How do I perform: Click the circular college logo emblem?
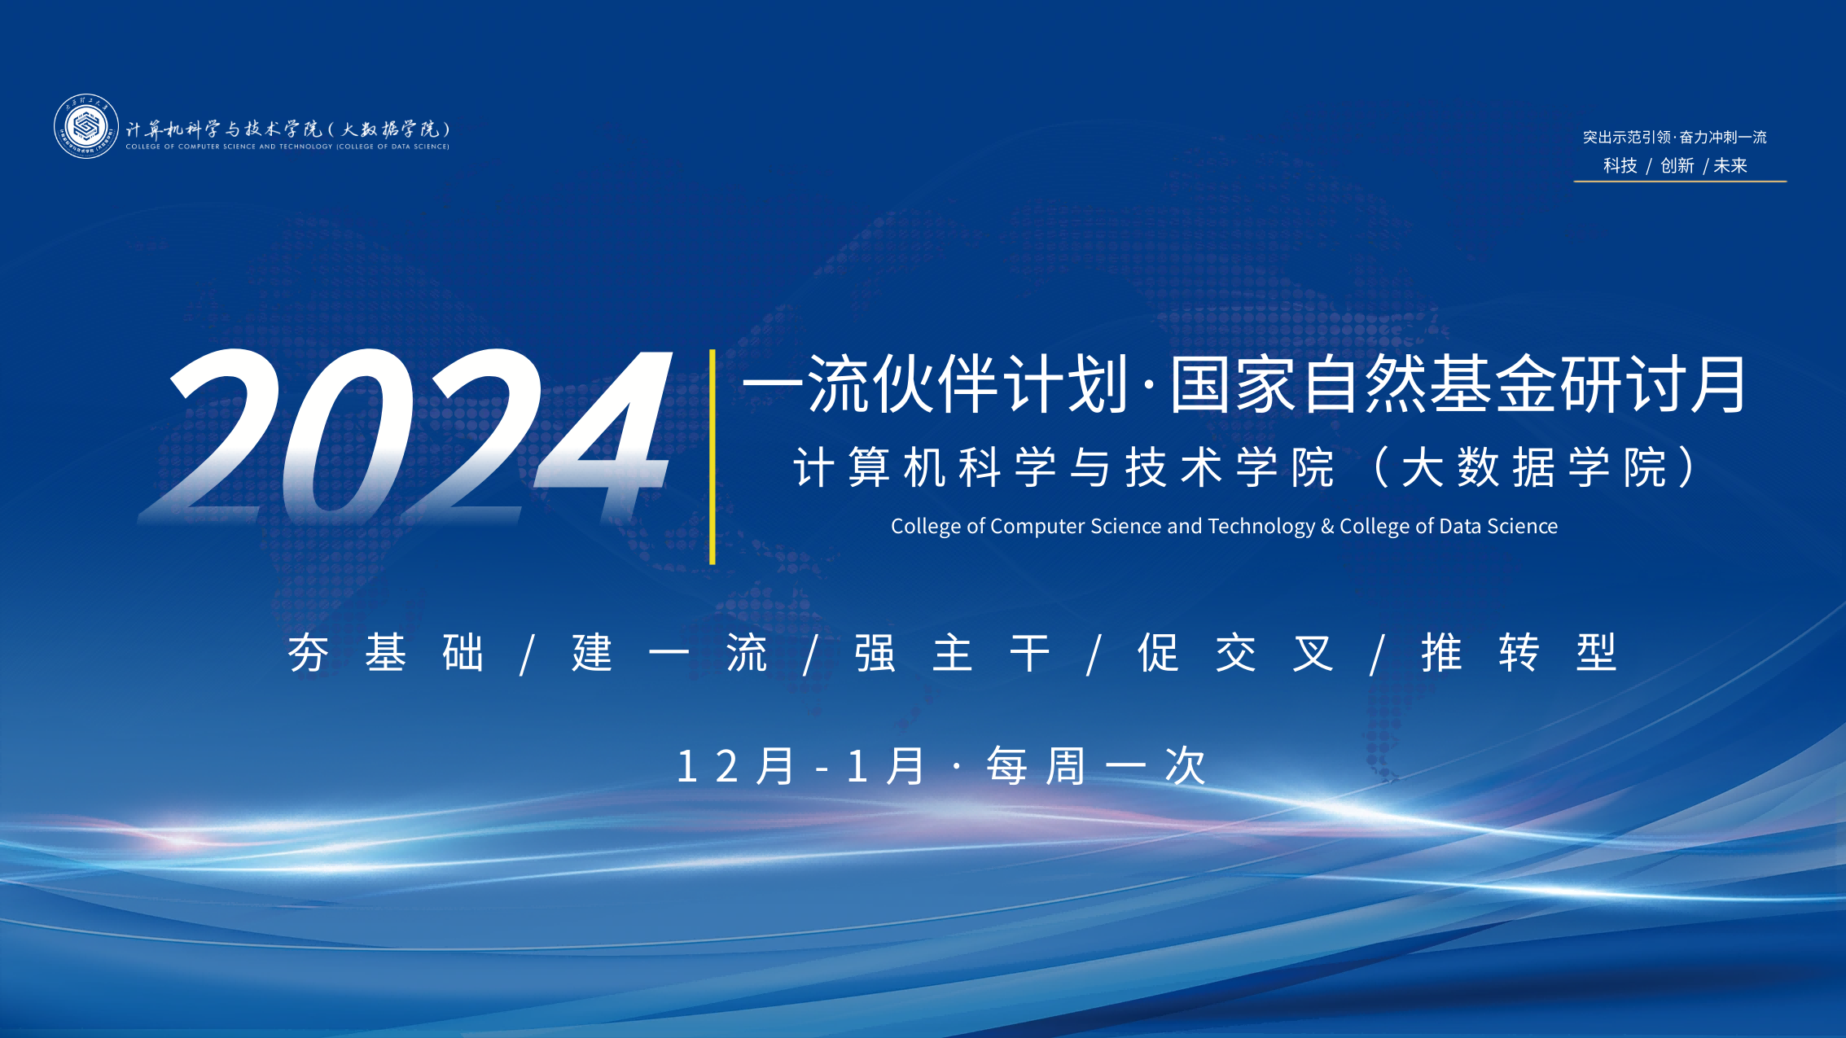(86, 126)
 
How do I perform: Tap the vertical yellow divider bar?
(713, 457)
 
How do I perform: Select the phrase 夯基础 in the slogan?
(386, 653)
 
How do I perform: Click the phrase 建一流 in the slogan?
(669, 653)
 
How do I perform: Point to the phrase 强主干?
(952, 653)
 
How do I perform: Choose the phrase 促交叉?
(1235, 653)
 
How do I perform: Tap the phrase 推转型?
(1519, 653)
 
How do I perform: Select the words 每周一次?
(1096, 766)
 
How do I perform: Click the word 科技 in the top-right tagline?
(1620, 166)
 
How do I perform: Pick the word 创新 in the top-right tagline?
(1677, 166)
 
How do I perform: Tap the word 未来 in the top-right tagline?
(1730, 166)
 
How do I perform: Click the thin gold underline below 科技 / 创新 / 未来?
(1680, 181)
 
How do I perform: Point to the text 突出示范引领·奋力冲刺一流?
(1675, 137)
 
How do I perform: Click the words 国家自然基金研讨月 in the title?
(1459, 384)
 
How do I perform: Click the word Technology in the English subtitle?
(1261, 527)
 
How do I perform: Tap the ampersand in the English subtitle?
(1327, 527)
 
